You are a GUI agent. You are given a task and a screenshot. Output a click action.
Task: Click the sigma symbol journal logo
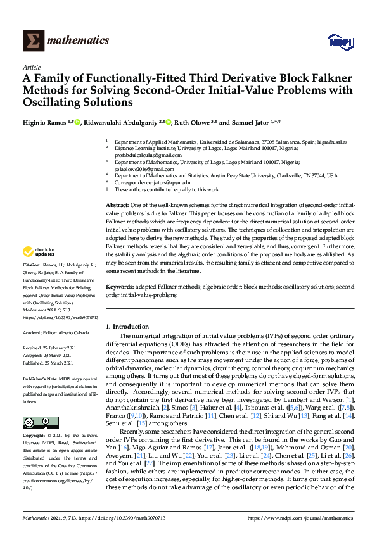point(32,41)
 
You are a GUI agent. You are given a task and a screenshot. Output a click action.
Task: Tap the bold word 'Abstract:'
point(117,206)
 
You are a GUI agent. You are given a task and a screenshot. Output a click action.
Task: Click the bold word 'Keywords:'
point(119,287)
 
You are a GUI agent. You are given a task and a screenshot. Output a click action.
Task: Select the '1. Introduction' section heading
point(127,326)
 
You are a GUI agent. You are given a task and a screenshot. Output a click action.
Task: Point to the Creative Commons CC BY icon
point(37,422)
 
